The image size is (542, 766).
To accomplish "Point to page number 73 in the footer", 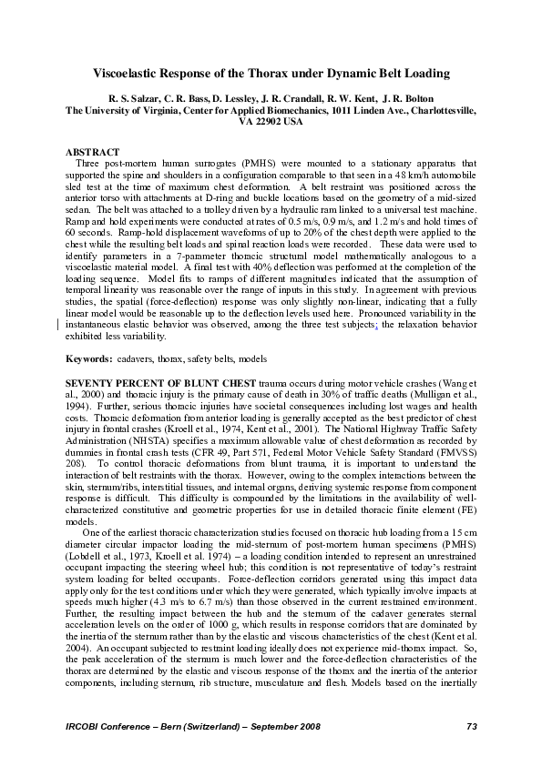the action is pyautogui.click(x=471, y=725).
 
